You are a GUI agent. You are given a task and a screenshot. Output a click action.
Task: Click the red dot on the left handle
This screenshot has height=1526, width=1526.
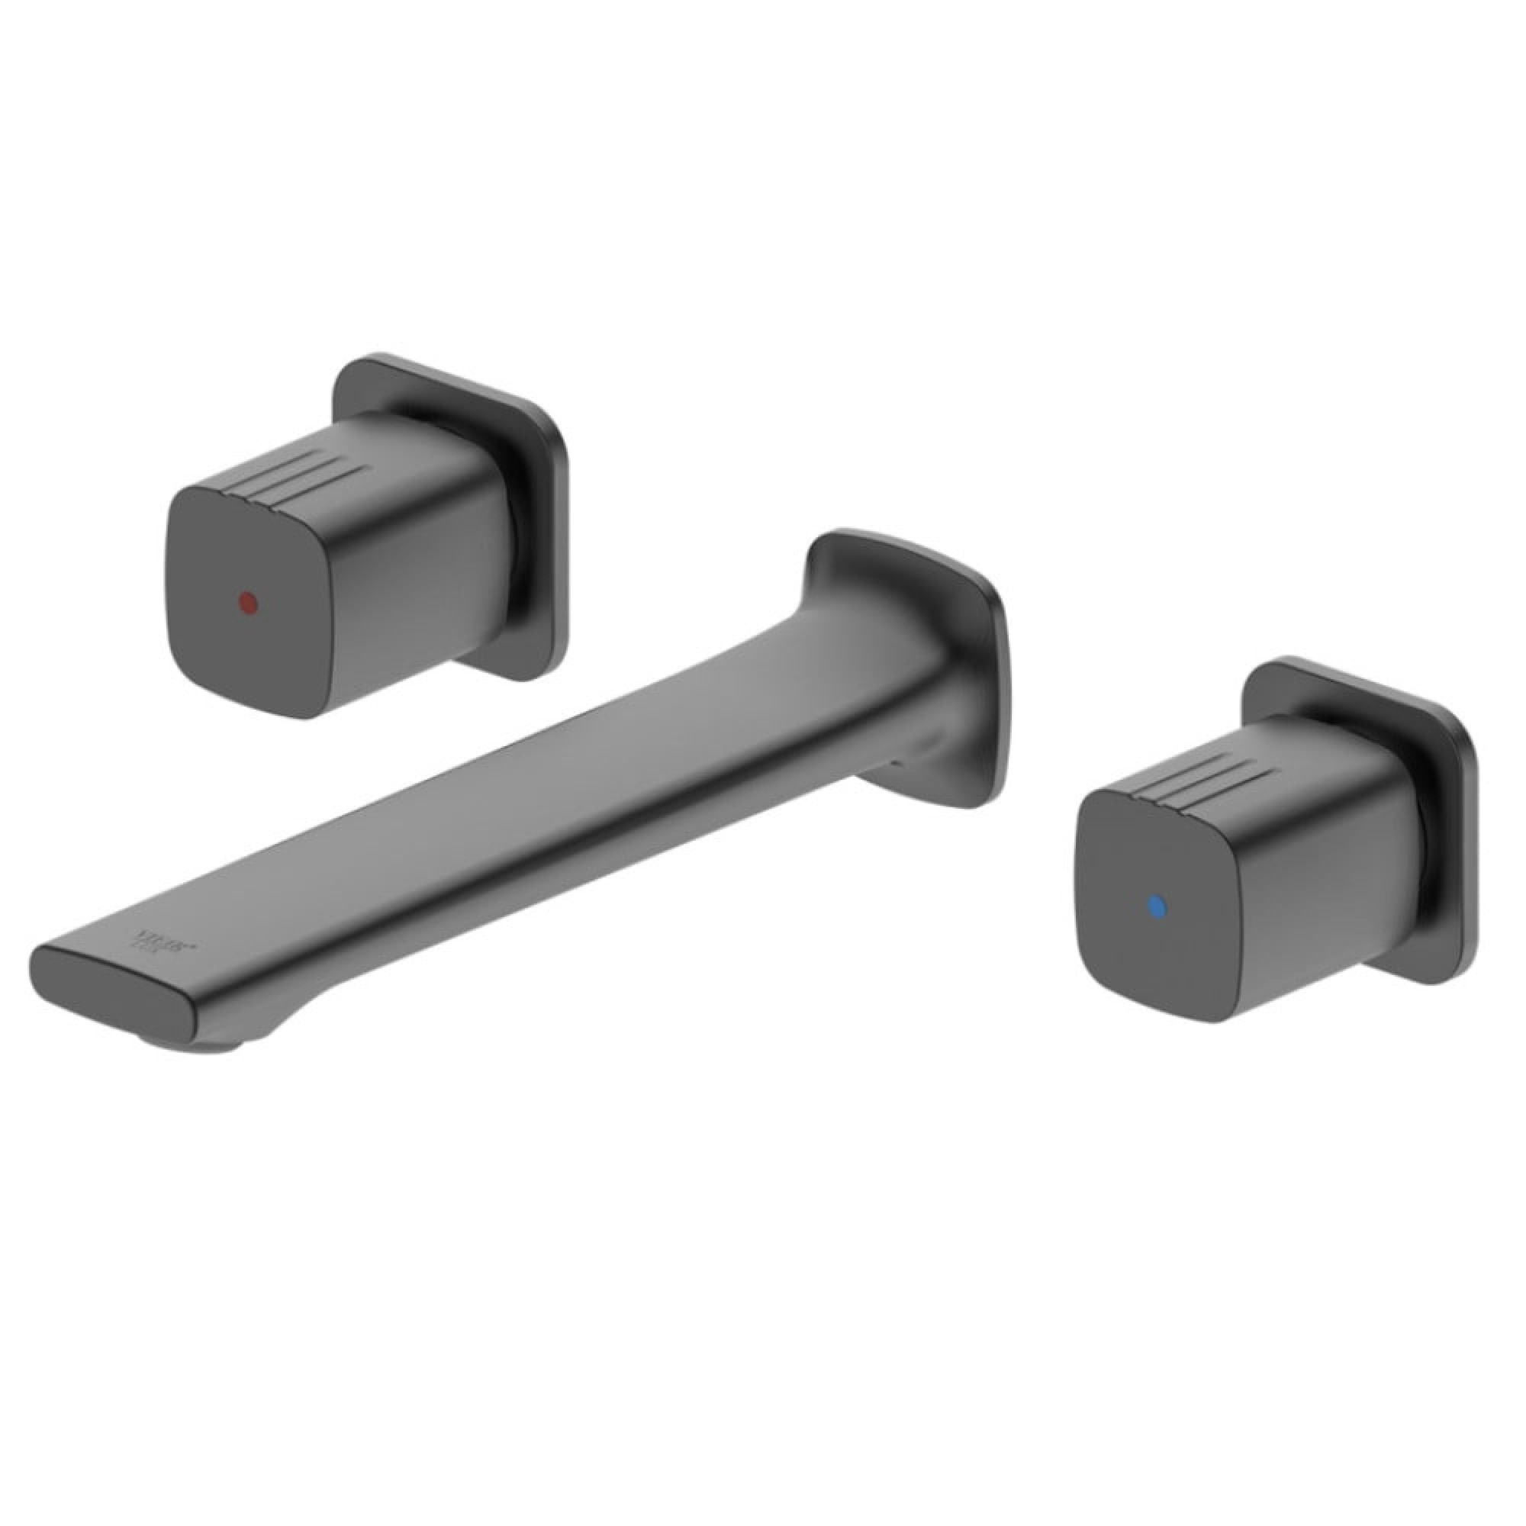pyautogui.click(x=248, y=604)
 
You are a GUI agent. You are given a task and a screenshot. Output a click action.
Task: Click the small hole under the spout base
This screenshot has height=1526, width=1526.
pyautogui.click(x=895, y=763)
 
